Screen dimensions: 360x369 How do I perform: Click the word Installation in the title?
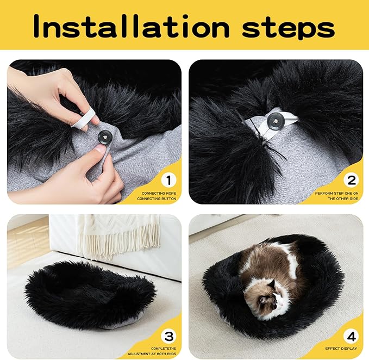(x=129, y=26)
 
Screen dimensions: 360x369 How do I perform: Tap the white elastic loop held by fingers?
(x=84, y=117)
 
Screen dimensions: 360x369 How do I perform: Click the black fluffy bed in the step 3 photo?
(x=87, y=291)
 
